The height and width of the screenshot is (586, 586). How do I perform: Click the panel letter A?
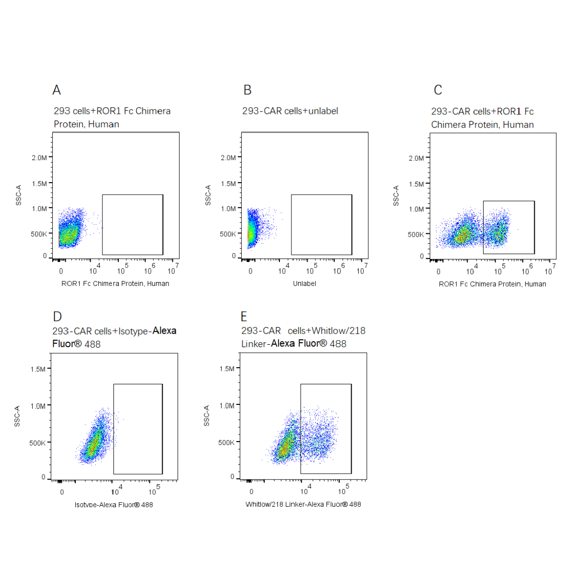[x=57, y=90]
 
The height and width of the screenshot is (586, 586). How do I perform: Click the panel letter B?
[x=247, y=90]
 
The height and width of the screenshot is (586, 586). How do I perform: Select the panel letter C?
[x=438, y=90]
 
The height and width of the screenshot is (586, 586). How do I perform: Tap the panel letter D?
[x=58, y=317]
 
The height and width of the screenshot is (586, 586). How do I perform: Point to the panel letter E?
[x=244, y=317]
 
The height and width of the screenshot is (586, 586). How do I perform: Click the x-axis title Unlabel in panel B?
[x=305, y=283]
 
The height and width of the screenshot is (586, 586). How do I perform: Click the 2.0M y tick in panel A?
[x=39, y=158]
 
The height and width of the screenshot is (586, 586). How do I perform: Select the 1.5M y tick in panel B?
[x=228, y=184]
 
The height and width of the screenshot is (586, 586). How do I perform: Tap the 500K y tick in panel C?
[x=415, y=234]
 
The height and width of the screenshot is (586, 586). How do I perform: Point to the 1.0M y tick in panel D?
[x=38, y=406]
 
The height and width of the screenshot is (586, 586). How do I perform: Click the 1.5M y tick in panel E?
[x=227, y=369]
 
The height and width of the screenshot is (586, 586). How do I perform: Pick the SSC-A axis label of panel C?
[x=396, y=196]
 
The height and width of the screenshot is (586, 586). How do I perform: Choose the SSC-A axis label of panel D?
[x=17, y=416]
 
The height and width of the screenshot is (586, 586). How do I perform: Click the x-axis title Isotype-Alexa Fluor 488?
[x=114, y=505]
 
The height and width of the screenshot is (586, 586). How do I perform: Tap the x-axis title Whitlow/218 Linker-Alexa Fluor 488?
[x=303, y=504]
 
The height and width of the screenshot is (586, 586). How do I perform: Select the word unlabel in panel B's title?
[x=323, y=111]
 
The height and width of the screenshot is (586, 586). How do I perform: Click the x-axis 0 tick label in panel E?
[x=251, y=492]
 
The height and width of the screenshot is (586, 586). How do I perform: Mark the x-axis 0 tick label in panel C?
[x=438, y=271]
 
